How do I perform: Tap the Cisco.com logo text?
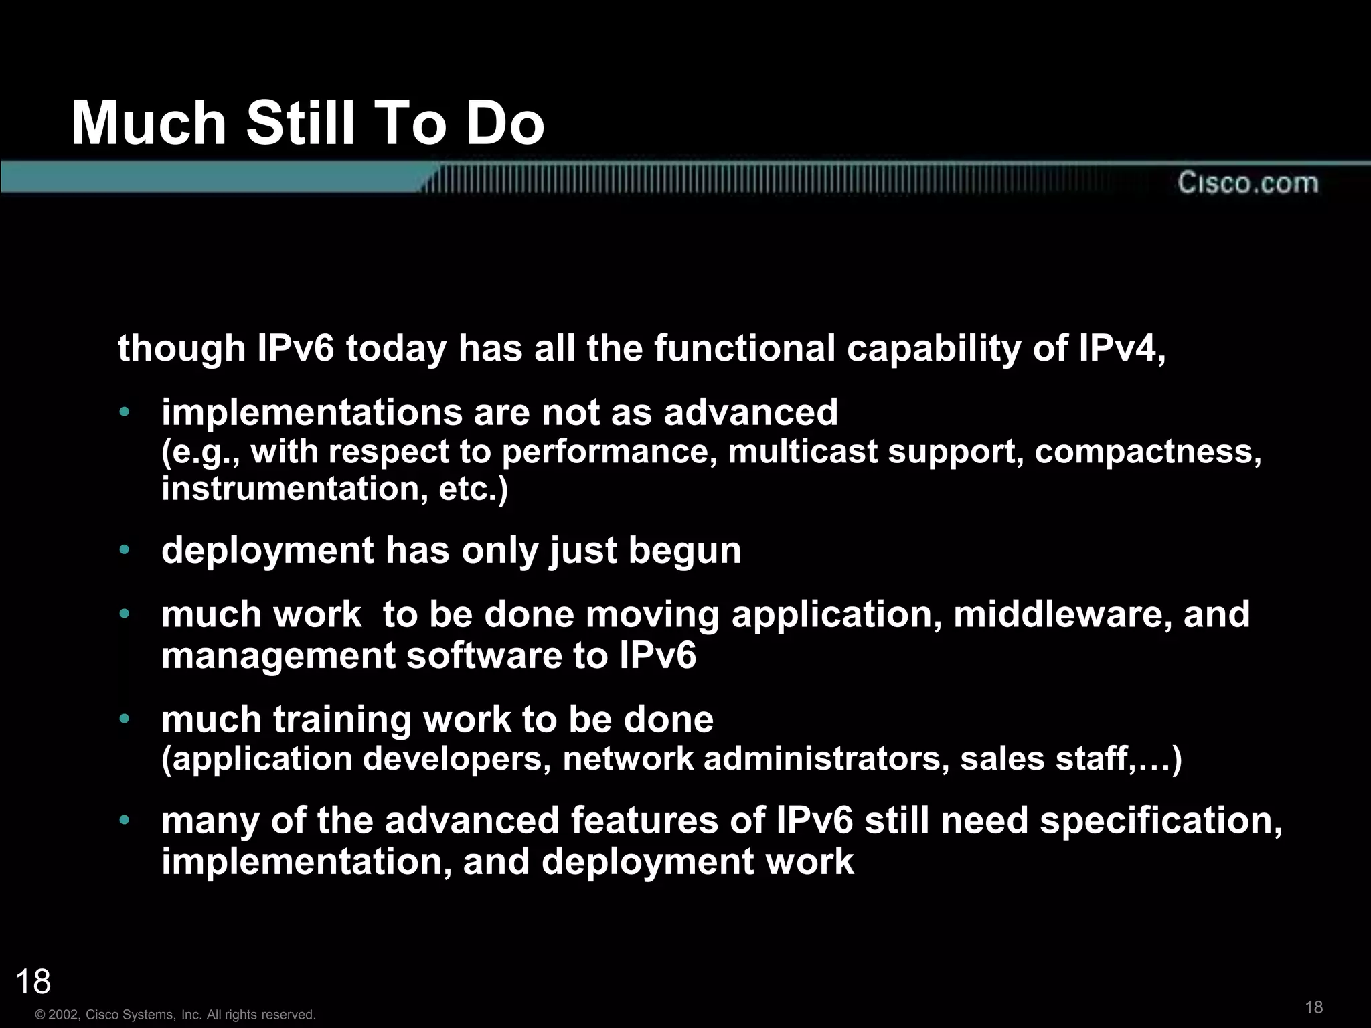pyautogui.click(x=1248, y=183)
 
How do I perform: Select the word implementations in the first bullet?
pyautogui.click(x=312, y=412)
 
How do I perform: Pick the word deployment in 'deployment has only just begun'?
pyautogui.click(x=268, y=551)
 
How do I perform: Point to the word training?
pyautogui.click(x=343, y=719)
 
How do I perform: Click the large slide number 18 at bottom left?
pyautogui.click(x=33, y=982)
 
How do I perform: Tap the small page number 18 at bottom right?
pyautogui.click(x=1314, y=1007)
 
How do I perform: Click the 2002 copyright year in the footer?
pyautogui.click(x=64, y=1015)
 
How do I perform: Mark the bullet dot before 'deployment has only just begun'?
pyautogui.click(x=124, y=551)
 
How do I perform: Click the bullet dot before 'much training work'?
pyautogui.click(x=124, y=719)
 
